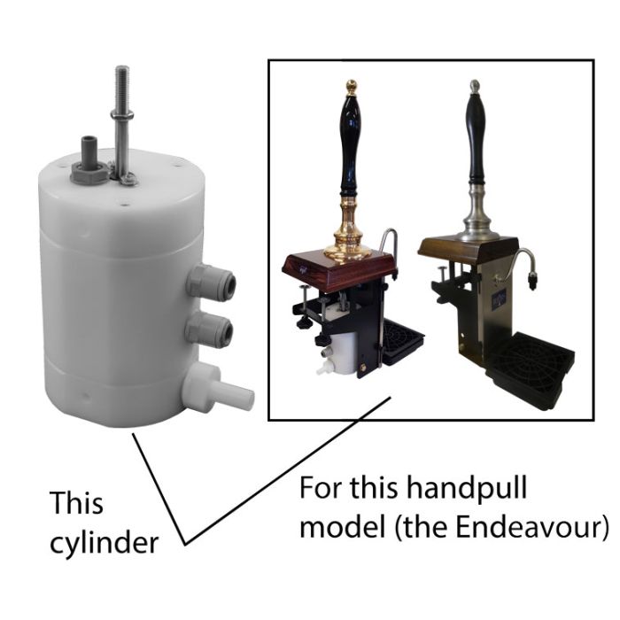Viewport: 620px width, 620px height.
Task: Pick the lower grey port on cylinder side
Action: tap(211, 332)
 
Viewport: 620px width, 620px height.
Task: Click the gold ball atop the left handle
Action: tap(351, 87)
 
